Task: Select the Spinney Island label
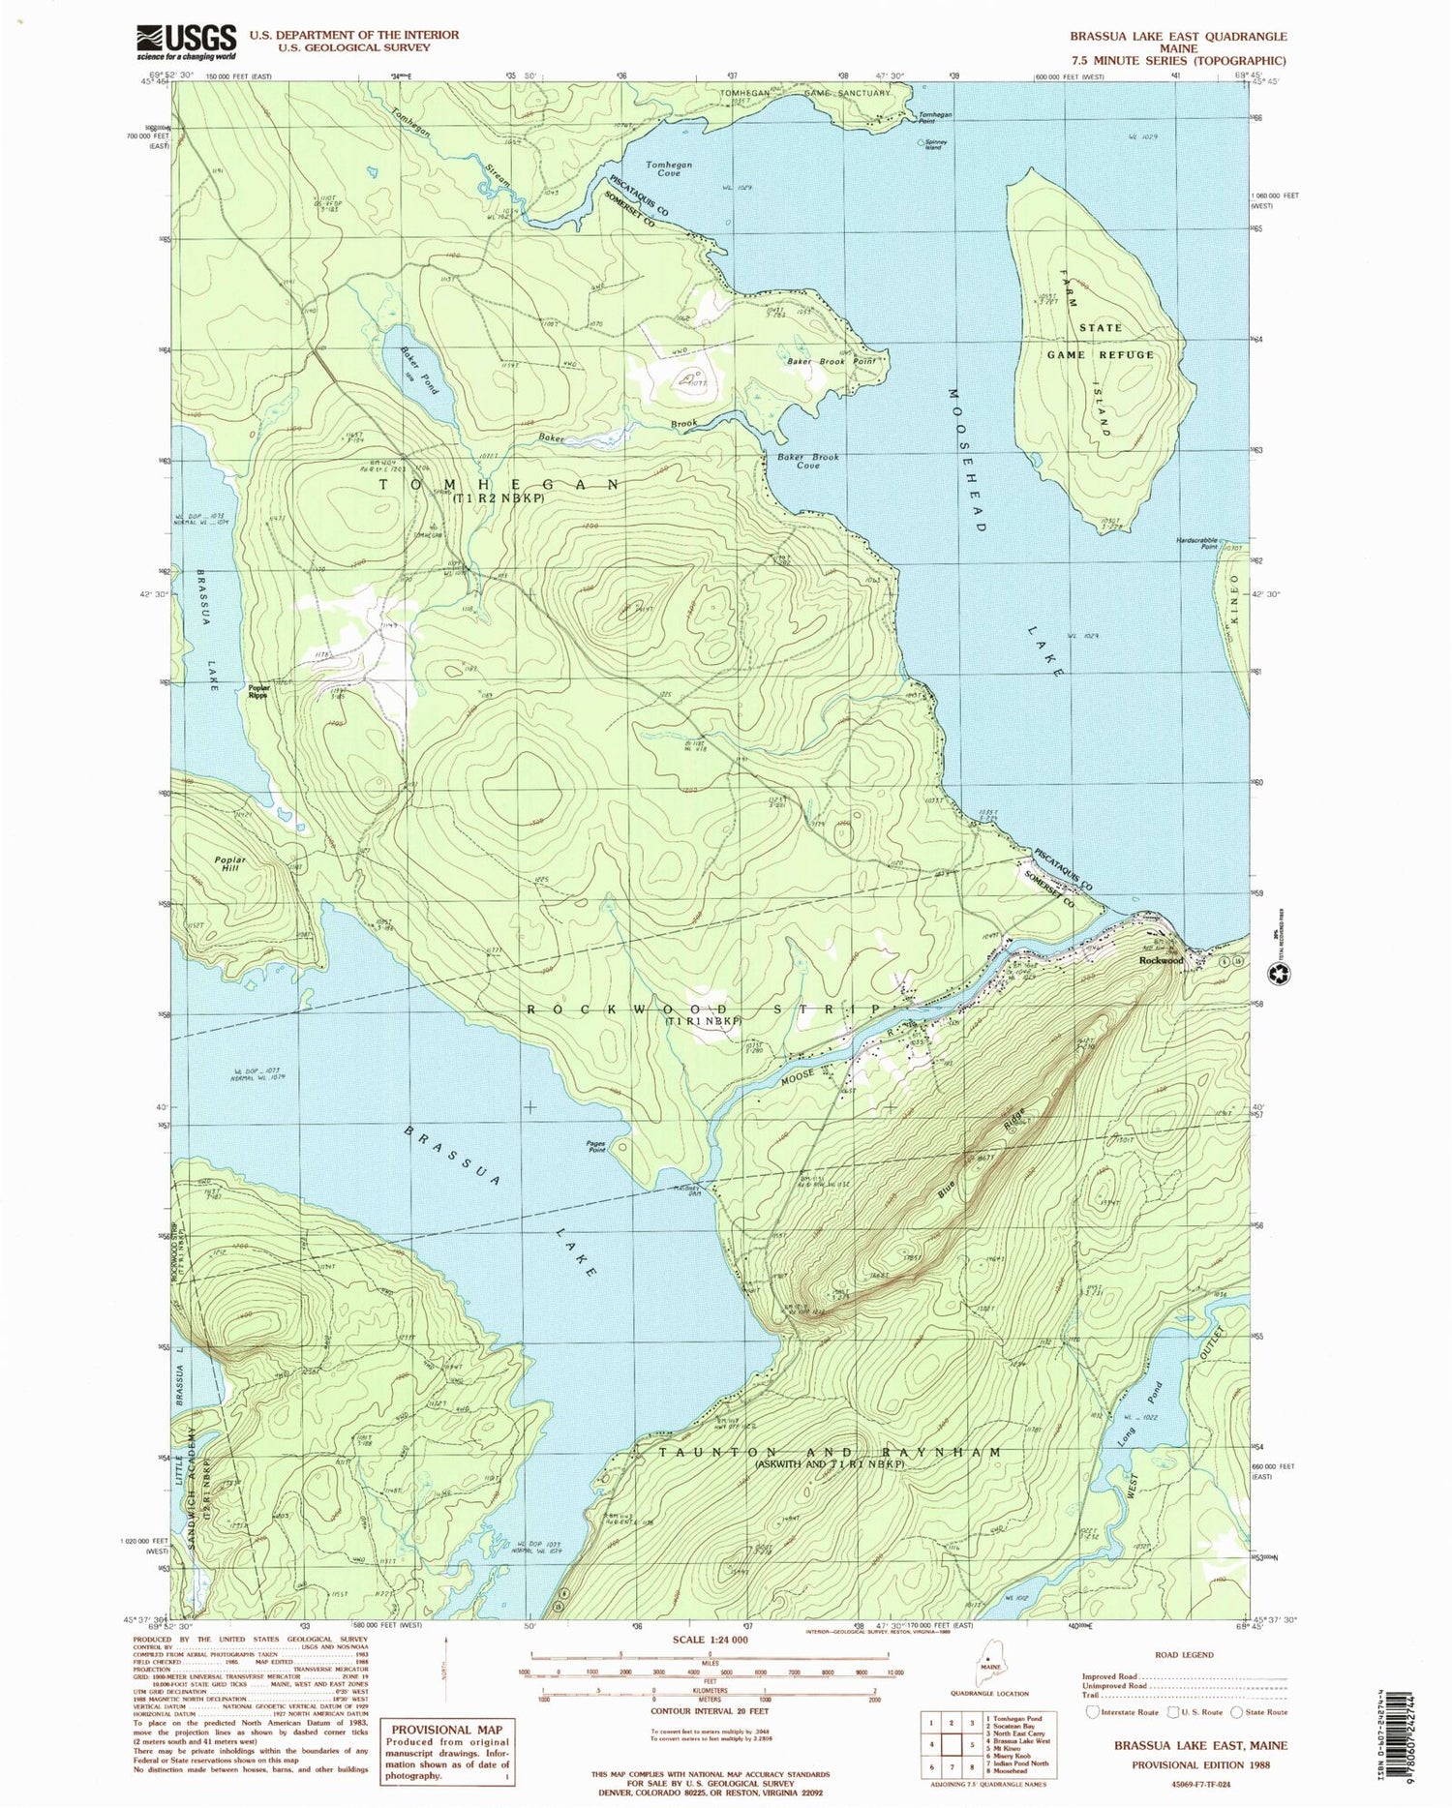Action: [933, 146]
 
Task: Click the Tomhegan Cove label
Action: [669, 169]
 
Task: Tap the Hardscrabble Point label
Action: [1196, 543]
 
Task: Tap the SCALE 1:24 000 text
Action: [711, 1641]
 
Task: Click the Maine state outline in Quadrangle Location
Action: [988, 1667]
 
